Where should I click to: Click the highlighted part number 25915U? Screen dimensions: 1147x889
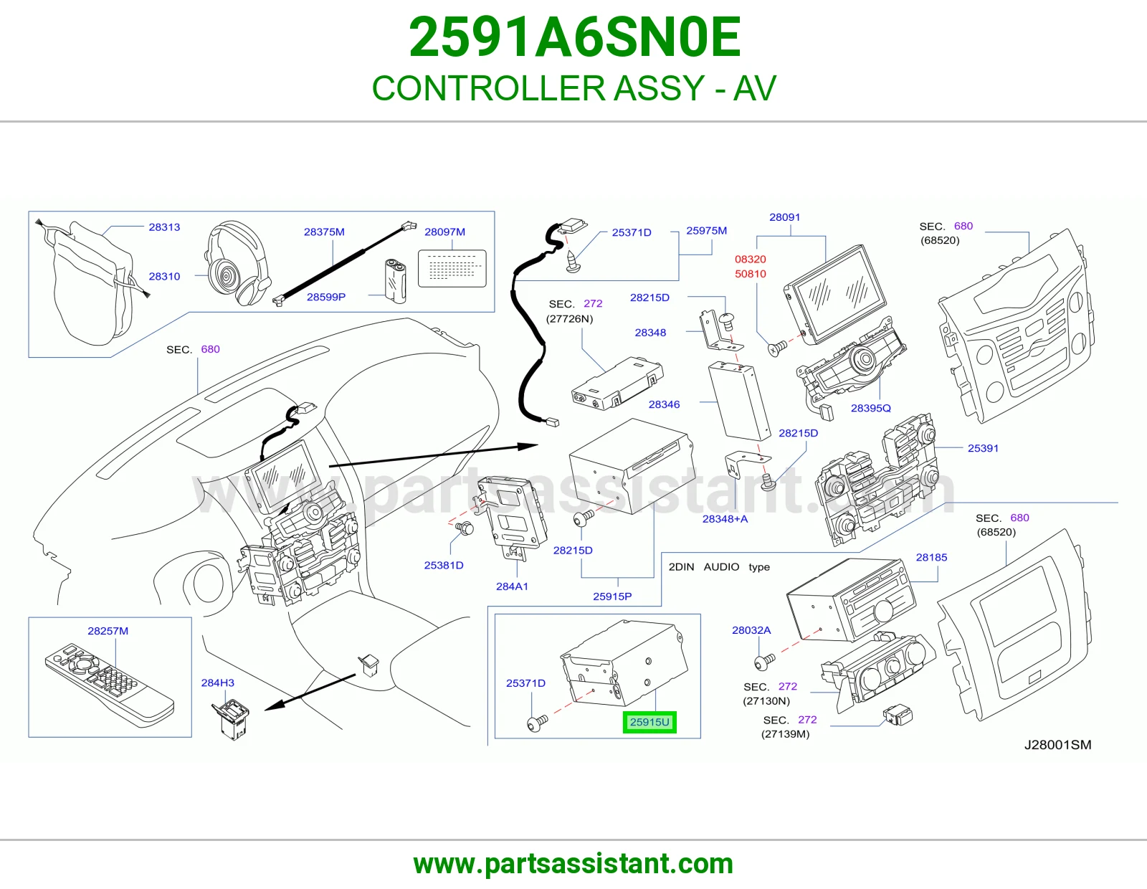coord(649,722)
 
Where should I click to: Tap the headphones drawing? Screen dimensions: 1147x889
coord(237,262)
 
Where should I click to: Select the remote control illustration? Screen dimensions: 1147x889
coord(109,685)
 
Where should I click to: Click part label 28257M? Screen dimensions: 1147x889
coord(108,631)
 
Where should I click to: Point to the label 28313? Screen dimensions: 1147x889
coord(164,227)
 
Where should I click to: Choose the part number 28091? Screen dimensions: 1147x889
coord(784,217)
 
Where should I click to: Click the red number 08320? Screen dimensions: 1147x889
coord(750,260)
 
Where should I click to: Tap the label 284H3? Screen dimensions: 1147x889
coord(217,683)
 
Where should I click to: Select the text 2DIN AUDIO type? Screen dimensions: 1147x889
coord(719,567)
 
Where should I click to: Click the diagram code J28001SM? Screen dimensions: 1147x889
coord(1057,745)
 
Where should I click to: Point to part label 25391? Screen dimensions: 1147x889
coord(983,448)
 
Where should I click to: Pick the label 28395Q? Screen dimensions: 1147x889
coord(870,408)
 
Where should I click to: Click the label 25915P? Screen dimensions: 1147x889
coord(612,596)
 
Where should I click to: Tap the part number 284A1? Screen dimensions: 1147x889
coord(512,586)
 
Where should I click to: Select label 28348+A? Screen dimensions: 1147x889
coord(725,519)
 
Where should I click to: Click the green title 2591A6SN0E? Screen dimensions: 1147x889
coord(574,37)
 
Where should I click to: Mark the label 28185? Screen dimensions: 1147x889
coord(931,558)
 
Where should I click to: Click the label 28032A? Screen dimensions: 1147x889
coord(751,630)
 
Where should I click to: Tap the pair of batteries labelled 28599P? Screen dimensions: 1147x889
coord(395,280)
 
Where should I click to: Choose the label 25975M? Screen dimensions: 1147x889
coord(706,231)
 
